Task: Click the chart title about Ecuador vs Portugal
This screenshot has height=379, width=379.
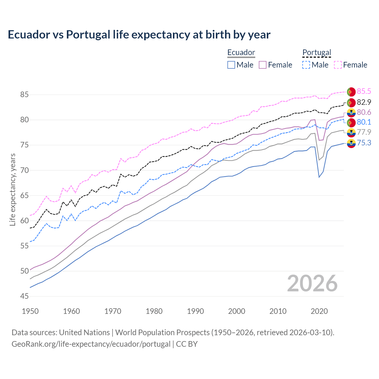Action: pos(139,35)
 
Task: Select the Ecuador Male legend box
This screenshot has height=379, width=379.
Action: pos(231,65)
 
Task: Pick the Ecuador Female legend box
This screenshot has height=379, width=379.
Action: pos(263,65)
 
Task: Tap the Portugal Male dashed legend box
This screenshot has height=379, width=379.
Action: pos(306,65)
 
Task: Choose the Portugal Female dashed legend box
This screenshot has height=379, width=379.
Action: pos(338,65)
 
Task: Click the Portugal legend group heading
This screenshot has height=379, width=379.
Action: pos(317,52)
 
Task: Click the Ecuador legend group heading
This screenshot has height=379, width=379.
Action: pos(241,52)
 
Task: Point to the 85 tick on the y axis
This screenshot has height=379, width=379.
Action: pos(24,95)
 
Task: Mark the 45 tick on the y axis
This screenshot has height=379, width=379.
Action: pos(24,296)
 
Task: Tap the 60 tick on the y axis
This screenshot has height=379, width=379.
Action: pos(24,221)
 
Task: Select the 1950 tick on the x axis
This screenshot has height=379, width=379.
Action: pos(30,311)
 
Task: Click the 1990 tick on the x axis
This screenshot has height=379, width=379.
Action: pos(195,311)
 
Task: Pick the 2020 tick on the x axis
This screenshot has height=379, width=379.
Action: pos(319,311)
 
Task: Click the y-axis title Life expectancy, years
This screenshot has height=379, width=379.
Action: pos(12,189)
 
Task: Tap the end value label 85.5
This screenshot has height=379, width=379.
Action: pos(364,91)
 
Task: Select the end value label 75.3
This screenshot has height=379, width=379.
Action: pos(364,143)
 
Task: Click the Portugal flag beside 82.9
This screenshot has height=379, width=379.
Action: pos(351,102)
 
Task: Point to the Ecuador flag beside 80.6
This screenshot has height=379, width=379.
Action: pos(351,113)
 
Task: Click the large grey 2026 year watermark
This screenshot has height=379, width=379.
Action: pos(312,283)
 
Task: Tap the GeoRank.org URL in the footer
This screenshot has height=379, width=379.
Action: pos(91,344)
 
